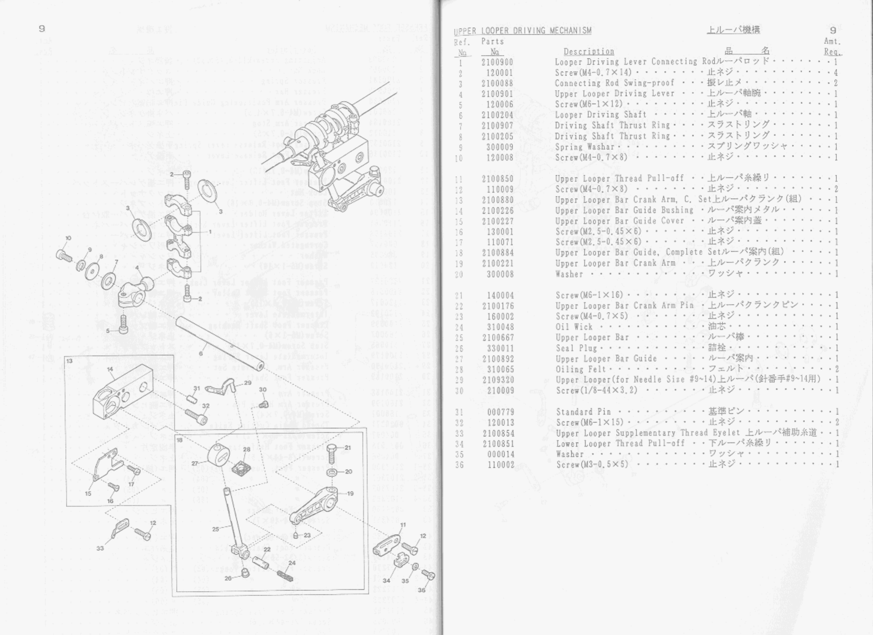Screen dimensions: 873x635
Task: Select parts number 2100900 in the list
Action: (x=497, y=62)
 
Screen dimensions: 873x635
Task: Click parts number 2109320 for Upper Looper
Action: (x=498, y=380)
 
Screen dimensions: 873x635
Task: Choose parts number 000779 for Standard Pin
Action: (x=500, y=412)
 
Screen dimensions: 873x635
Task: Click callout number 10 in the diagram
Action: (x=68, y=238)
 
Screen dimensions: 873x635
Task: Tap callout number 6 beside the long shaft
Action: (x=201, y=353)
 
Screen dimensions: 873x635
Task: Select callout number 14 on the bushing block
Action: (x=110, y=369)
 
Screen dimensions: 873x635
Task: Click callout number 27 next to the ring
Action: (x=195, y=463)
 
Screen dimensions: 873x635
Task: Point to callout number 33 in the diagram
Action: (x=100, y=548)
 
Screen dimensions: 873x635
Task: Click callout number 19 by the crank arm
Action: (x=350, y=494)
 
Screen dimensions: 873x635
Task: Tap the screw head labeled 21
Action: (x=334, y=448)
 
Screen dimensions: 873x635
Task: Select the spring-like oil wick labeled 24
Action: (x=285, y=576)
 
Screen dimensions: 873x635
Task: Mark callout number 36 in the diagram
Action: (x=422, y=590)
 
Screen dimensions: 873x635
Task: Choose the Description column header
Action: (x=589, y=51)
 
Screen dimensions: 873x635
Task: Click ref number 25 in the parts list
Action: (x=459, y=338)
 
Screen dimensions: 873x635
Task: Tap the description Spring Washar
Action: (x=585, y=147)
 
